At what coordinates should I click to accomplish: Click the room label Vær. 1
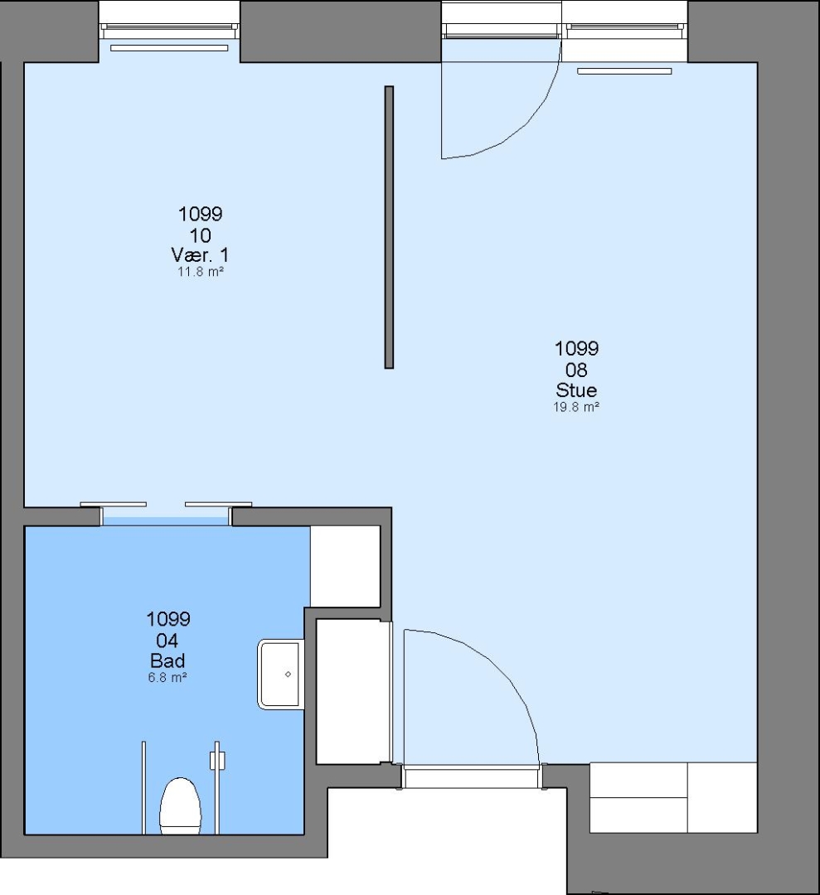[x=200, y=254]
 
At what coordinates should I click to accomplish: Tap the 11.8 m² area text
[x=200, y=272]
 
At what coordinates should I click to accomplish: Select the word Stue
[x=576, y=390]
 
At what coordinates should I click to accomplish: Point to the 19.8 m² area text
[x=576, y=407]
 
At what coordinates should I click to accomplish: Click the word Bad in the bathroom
[x=167, y=661]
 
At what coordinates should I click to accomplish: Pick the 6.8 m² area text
[x=167, y=678]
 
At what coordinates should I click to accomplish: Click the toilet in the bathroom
[x=181, y=805]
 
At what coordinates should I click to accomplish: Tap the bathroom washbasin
[x=280, y=675]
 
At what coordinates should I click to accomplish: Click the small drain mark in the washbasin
[x=288, y=674]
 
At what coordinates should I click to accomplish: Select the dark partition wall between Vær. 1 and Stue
[x=390, y=227]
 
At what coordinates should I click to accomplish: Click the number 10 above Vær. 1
[x=200, y=235]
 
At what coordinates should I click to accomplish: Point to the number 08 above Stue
[x=576, y=370]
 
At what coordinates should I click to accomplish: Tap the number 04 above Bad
[x=167, y=640]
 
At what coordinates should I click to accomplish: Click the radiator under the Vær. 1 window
[x=169, y=48]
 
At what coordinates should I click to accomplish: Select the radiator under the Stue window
[x=624, y=71]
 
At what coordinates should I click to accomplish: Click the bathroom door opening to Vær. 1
[x=166, y=516]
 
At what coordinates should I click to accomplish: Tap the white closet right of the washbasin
[x=353, y=691]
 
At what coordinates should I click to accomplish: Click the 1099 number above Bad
[x=167, y=619]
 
